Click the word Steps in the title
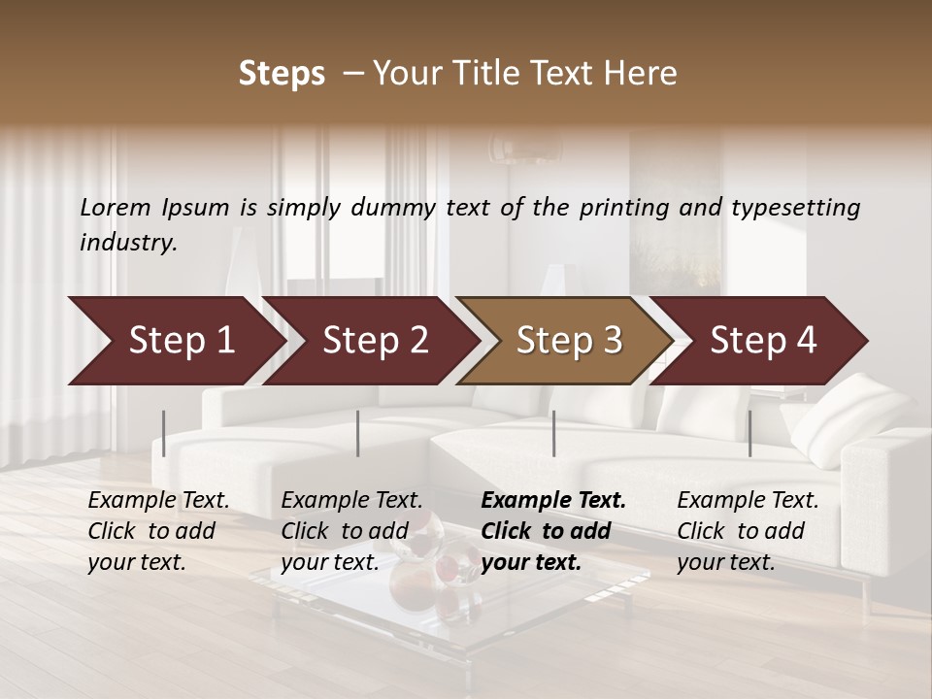282,74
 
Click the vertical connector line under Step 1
164,433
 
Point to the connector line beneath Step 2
358,433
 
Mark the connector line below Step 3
553,433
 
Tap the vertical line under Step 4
749,433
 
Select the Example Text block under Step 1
158,531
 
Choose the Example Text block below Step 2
351,531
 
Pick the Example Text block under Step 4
748,531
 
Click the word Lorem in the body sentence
116,207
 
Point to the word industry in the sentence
128,242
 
